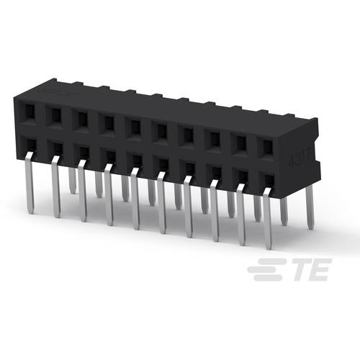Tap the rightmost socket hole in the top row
tap(267, 145)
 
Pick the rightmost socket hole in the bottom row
tap(267, 179)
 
